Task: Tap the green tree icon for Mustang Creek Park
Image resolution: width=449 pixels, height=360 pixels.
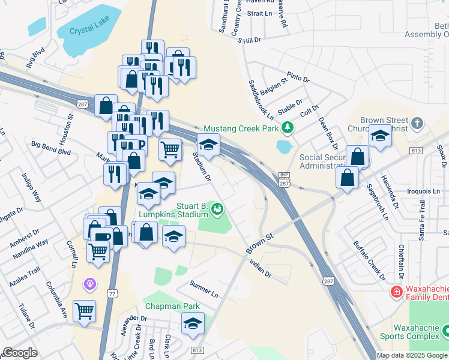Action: (288, 128)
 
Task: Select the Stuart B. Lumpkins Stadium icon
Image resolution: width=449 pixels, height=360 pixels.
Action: (217, 209)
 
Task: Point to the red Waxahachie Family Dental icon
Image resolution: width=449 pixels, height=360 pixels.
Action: (396, 292)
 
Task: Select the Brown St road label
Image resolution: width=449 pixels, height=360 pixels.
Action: (259, 243)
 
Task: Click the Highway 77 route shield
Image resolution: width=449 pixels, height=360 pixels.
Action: (112, 293)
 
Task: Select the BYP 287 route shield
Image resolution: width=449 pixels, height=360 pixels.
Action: (285, 181)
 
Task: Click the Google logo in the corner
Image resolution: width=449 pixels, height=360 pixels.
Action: (20, 353)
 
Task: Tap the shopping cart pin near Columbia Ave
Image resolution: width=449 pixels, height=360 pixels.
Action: (84, 311)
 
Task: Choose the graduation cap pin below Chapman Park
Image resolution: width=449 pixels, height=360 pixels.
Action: (193, 323)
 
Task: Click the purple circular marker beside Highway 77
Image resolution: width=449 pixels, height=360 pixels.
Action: (91, 281)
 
